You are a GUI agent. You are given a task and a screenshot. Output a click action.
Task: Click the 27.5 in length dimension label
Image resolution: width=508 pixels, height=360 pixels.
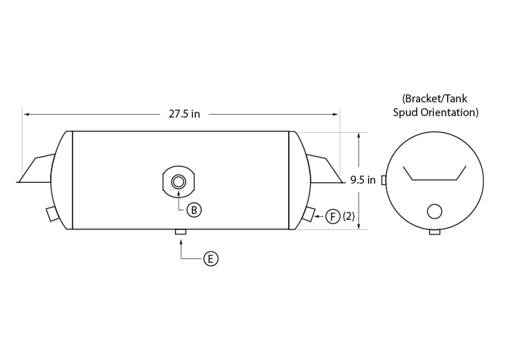click(x=184, y=114)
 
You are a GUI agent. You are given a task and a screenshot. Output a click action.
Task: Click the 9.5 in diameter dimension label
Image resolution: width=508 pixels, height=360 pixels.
click(x=363, y=180)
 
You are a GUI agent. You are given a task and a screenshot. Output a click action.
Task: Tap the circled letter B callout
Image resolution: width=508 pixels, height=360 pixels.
click(x=194, y=210)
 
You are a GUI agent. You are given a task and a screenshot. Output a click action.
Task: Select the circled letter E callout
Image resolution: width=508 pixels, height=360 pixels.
click(x=211, y=259)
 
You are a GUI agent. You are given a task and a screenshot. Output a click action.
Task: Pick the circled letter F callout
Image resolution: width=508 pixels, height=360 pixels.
click(x=332, y=216)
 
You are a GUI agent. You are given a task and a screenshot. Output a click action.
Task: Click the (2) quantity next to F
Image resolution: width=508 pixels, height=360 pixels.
click(x=348, y=216)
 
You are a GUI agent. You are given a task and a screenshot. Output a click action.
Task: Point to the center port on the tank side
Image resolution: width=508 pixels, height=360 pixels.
click(x=179, y=181)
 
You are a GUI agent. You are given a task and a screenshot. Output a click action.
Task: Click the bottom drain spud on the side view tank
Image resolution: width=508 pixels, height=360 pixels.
click(x=181, y=232)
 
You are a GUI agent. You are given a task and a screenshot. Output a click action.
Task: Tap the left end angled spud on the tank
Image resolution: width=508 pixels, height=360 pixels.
click(x=53, y=214)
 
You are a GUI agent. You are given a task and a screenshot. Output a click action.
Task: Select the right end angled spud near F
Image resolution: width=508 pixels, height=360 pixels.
click(x=308, y=214)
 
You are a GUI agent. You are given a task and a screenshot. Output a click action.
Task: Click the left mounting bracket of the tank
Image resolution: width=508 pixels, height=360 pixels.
click(x=35, y=168)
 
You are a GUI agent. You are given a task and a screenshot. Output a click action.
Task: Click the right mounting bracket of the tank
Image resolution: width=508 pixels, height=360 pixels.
click(x=325, y=168)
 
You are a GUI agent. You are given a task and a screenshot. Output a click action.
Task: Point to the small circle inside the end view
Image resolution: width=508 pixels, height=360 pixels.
click(x=435, y=211)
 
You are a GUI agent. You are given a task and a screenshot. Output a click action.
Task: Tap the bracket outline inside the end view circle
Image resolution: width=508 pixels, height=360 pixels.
click(x=435, y=179)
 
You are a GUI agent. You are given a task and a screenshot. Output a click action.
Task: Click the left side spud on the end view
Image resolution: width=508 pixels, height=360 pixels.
click(x=384, y=180)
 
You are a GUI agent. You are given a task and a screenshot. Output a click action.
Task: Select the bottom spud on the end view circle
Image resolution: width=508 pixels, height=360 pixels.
click(x=435, y=232)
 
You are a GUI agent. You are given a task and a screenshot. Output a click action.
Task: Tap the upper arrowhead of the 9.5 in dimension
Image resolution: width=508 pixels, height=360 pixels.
click(x=359, y=136)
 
